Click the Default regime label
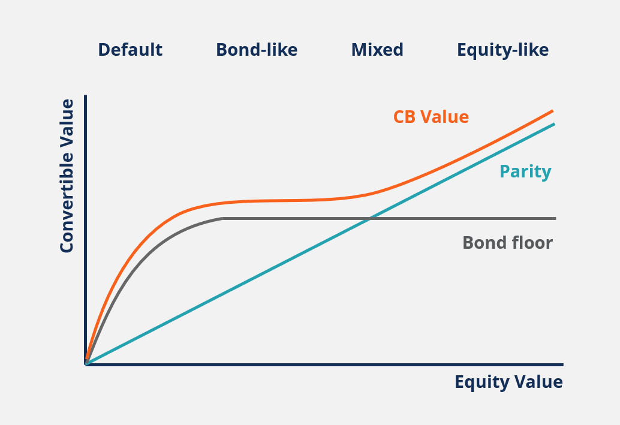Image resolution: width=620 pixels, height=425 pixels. (130, 50)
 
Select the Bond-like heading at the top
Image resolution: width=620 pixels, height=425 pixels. (257, 50)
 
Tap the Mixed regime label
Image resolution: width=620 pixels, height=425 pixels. (377, 50)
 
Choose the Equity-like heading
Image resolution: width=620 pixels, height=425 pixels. (502, 50)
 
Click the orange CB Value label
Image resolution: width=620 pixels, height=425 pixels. (431, 117)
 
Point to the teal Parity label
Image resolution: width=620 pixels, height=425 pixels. (525, 172)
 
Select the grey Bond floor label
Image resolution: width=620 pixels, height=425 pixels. (507, 243)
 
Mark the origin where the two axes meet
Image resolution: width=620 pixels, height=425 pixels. (86, 364)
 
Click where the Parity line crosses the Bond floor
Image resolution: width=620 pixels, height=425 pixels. (369, 218)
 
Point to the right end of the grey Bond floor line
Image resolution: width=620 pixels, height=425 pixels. (555, 218)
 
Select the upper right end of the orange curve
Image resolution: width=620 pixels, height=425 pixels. (552, 111)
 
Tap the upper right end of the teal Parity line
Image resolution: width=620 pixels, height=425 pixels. (553, 124)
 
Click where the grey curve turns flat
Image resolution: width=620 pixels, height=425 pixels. (222, 218)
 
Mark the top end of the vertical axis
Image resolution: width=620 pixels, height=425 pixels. (86, 96)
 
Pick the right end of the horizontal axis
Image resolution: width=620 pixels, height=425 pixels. (562, 364)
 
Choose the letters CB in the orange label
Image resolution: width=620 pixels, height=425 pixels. (404, 117)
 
